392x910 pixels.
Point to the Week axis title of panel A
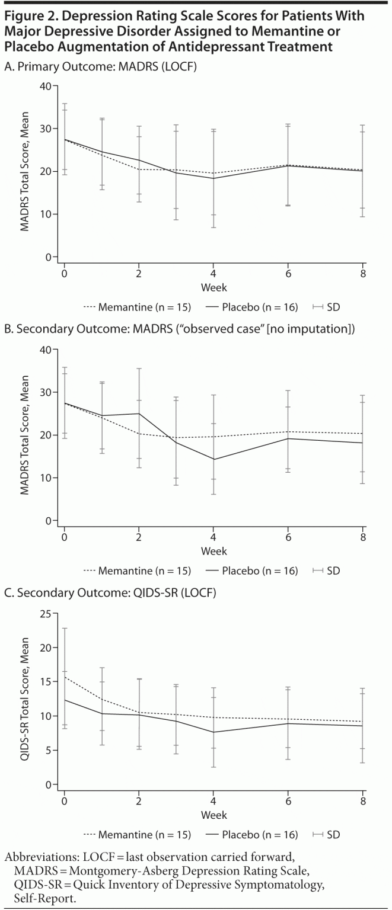(213, 287)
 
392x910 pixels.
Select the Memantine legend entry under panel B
(137, 571)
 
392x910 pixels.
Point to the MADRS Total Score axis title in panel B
(24, 435)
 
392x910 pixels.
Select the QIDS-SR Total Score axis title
(24, 699)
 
